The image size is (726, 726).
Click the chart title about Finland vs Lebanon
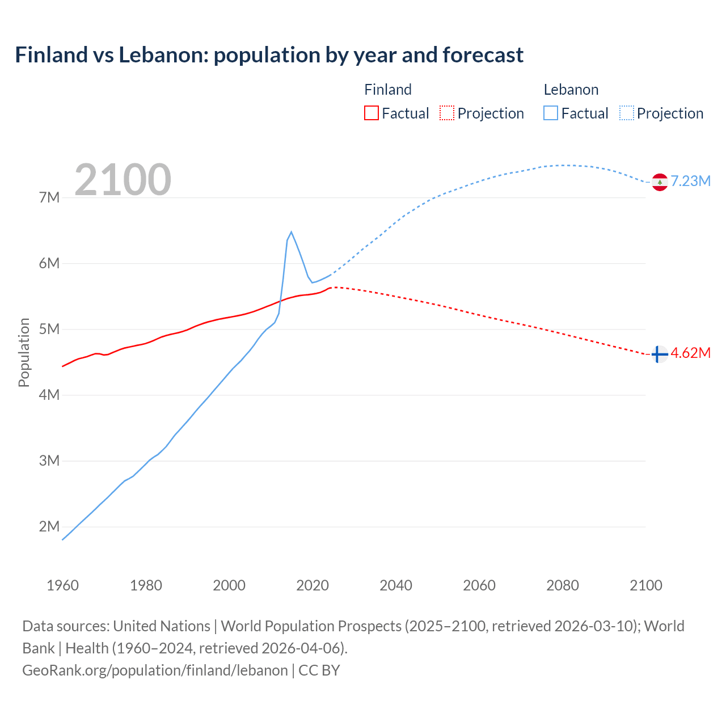(x=269, y=55)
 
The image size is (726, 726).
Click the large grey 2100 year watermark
(x=123, y=179)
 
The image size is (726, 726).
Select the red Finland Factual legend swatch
(x=371, y=113)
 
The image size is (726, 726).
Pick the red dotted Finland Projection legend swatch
(x=447, y=113)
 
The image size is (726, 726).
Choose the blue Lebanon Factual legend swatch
(x=550, y=113)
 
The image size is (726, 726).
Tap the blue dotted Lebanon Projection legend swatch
(x=626, y=113)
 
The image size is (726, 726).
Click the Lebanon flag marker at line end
(x=659, y=182)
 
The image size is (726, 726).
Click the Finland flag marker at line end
(x=659, y=354)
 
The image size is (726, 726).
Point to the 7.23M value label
(x=690, y=181)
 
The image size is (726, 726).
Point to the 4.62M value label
(x=690, y=353)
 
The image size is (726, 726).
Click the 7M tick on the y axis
(x=49, y=197)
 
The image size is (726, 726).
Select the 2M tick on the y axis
(x=49, y=526)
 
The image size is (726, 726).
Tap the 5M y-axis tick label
(x=49, y=329)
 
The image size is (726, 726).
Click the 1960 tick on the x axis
(x=62, y=585)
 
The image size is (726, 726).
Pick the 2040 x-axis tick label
(x=396, y=585)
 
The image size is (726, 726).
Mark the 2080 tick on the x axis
(x=563, y=585)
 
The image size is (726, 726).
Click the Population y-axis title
(x=24, y=352)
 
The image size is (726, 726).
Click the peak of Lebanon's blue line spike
(x=291, y=232)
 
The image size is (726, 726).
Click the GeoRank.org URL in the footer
(x=155, y=670)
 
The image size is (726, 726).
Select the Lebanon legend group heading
(x=571, y=90)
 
